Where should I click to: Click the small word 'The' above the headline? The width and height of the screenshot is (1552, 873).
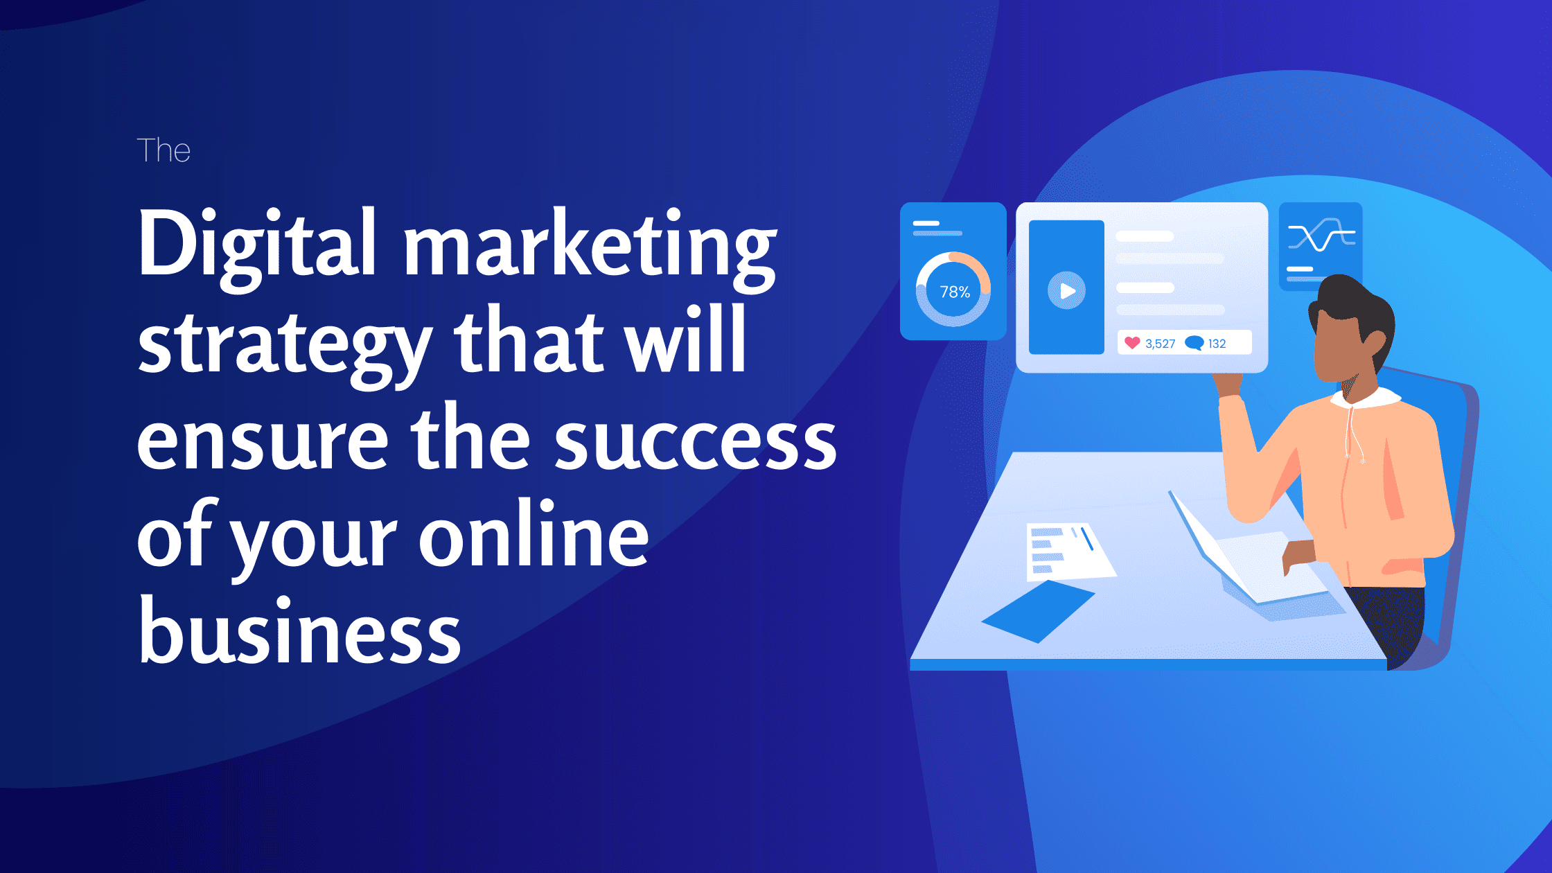coord(164,150)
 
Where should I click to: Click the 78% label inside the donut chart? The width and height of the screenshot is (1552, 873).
coord(954,292)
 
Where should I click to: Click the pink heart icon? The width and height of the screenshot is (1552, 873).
coord(1132,343)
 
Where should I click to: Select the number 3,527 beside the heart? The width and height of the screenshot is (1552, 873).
coord(1161,344)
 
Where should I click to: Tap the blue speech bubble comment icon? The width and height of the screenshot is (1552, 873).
coord(1194,343)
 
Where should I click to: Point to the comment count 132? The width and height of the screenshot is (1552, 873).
coord(1217,344)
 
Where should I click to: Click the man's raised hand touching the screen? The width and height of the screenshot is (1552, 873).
coord(1228,385)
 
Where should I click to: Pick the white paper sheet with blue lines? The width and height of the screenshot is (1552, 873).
coord(1067,552)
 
